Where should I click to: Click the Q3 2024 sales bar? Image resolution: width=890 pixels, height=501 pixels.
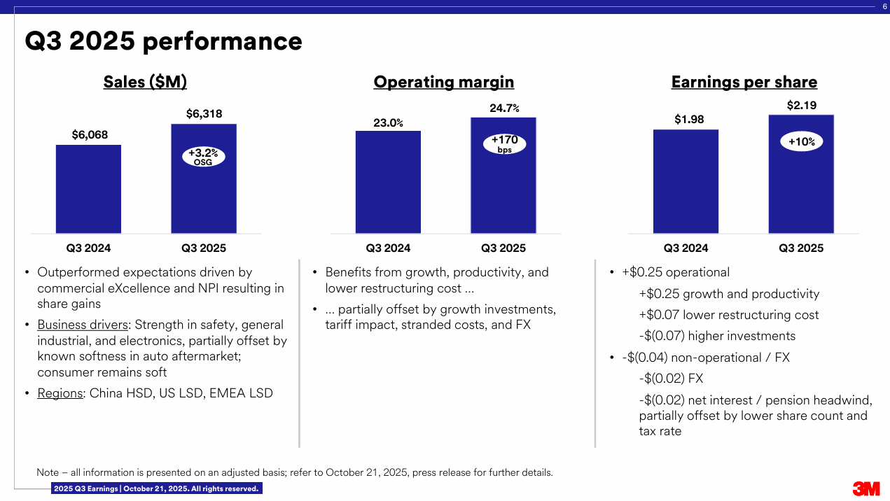click(x=88, y=189)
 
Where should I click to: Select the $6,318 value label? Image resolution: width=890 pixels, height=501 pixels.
click(x=204, y=113)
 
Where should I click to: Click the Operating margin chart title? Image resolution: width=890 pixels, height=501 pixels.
click(x=444, y=82)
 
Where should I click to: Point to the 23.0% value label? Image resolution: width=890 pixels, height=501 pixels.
click(x=388, y=122)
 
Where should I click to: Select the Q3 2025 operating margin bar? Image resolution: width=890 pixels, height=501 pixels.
click(x=503, y=196)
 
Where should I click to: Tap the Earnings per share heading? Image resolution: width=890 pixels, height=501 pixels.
click(x=744, y=82)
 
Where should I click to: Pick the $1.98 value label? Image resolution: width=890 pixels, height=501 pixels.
click(x=689, y=120)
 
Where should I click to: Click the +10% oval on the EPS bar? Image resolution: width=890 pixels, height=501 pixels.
click(x=802, y=142)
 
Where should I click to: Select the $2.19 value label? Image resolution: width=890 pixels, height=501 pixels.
click(x=802, y=105)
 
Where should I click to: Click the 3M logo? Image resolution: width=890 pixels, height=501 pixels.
click(x=866, y=488)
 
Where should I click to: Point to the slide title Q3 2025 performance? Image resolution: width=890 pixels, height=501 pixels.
click(x=163, y=41)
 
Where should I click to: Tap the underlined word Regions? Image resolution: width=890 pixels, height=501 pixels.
click(x=60, y=393)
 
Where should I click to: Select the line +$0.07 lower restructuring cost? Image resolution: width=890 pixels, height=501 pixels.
click(x=728, y=315)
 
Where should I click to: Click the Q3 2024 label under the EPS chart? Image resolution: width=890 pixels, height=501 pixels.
click(x=686, y=248)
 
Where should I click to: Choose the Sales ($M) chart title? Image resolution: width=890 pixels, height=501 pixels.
click(x=145, y=82)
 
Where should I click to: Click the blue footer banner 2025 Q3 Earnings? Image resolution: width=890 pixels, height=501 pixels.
click(x=156, y=488)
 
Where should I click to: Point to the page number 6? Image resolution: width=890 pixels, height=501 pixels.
click(x=884, y=6)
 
